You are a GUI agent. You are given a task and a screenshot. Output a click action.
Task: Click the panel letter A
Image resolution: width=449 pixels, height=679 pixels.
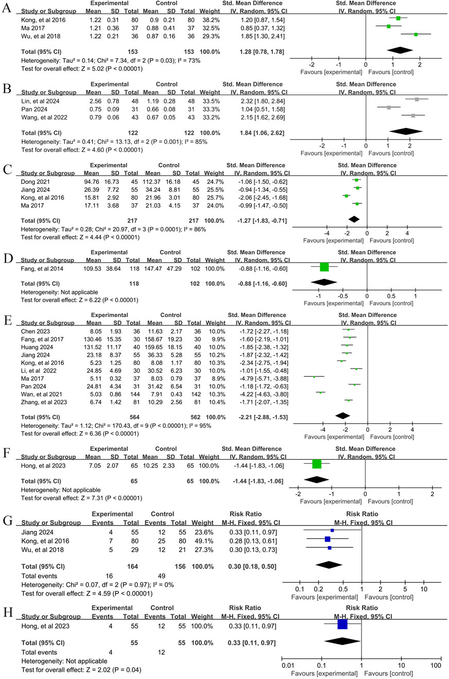tap(8, 8)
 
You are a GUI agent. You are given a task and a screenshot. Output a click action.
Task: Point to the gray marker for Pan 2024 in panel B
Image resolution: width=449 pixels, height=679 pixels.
tap(389, 108)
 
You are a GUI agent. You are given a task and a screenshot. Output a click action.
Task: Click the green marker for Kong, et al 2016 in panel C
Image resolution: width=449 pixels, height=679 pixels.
tap(347, 197)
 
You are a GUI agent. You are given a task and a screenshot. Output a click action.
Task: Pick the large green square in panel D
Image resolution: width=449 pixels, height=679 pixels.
tap(324, 267)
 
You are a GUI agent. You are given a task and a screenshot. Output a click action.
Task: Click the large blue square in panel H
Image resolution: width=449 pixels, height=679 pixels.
tap(342, 624)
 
